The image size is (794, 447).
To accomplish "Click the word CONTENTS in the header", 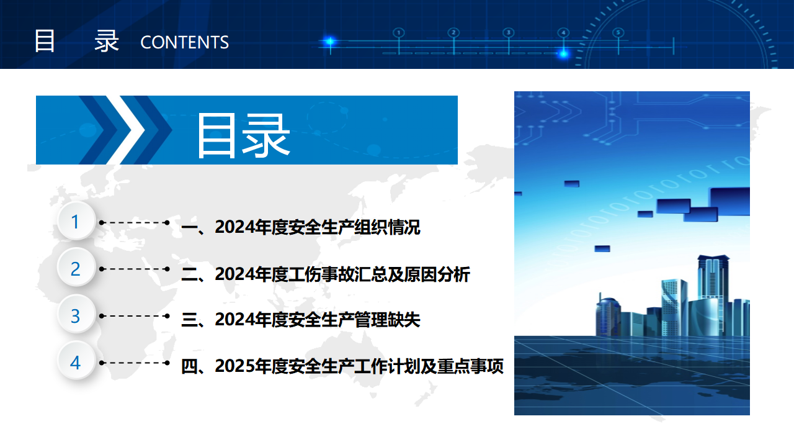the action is point(185,42).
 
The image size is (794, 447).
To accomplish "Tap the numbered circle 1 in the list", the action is point(76,222).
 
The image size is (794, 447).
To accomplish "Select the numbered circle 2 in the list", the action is point(76,268).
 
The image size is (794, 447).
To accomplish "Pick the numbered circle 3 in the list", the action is point(76,315).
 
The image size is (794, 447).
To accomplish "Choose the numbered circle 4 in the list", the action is point(76,361).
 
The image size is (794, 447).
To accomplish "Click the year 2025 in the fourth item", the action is point(234,366).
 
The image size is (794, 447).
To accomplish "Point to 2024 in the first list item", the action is point(234,227).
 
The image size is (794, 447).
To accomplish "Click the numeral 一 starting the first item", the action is point(190,227).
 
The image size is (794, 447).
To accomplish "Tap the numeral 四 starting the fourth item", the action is point(190,366).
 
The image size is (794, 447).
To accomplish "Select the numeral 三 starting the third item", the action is point(190,320).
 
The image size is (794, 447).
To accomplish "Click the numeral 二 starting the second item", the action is point(190,274).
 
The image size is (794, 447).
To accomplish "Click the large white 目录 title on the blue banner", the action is point(244,135).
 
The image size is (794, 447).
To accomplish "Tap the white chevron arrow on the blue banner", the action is point(125,130).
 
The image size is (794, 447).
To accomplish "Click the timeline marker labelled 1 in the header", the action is point(399,33).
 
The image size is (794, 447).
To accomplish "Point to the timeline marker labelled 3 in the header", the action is point(509,33).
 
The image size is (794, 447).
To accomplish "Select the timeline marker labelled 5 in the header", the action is point(618,33).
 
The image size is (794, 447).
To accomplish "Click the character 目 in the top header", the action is point(45,41).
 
